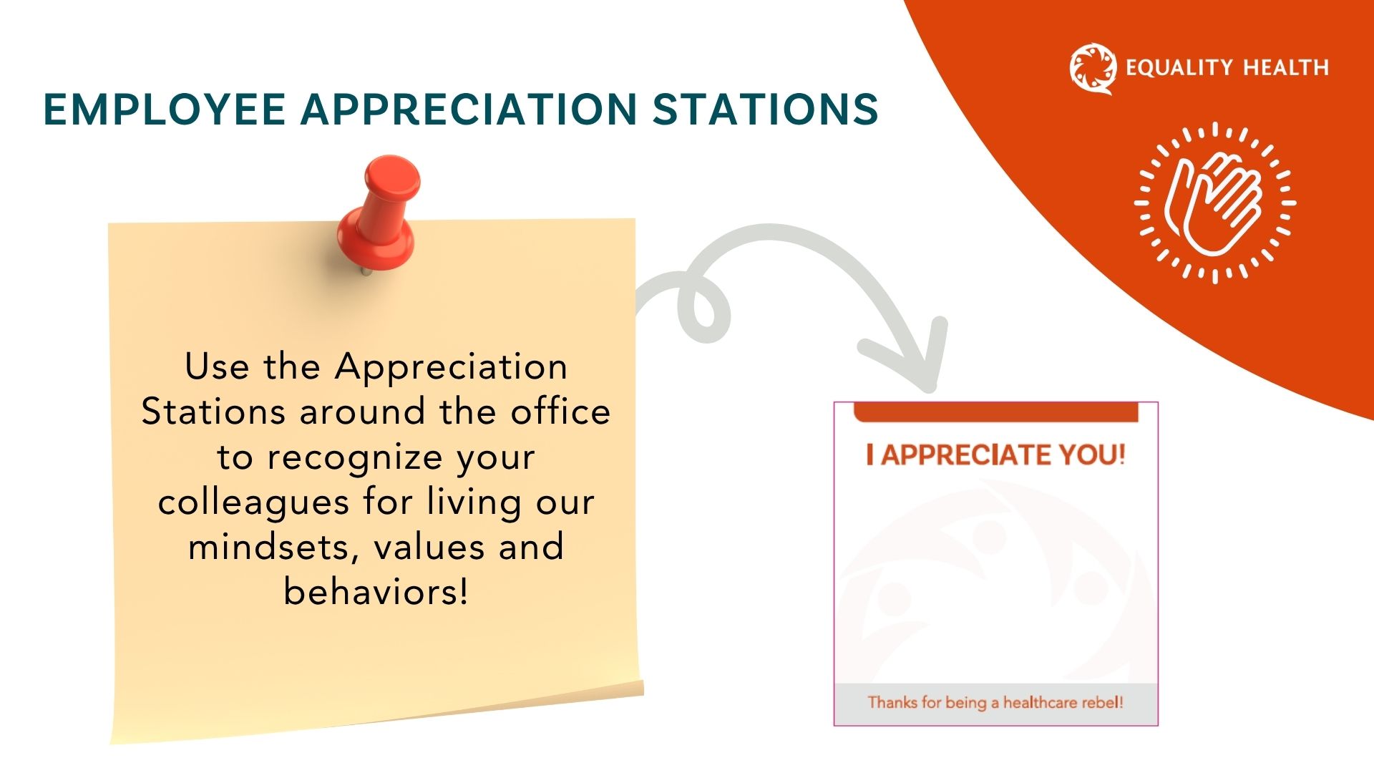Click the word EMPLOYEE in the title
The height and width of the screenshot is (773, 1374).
(165, 110)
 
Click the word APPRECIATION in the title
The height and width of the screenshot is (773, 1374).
(469, 110)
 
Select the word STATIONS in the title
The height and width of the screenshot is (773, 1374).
(765, 110)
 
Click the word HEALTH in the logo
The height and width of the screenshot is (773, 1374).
(1286, 68)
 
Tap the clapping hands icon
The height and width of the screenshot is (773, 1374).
(1215, 203)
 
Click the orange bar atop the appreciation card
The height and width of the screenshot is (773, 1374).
(996, 412)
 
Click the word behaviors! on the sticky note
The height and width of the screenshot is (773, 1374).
(376, 592)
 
